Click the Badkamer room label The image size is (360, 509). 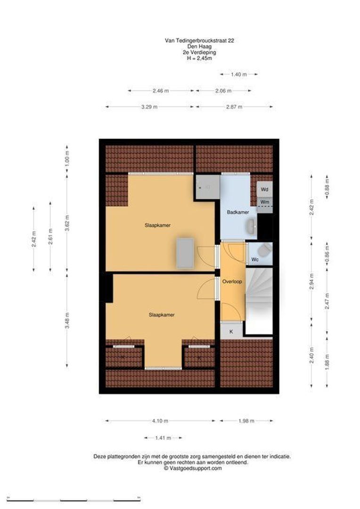pos(237,213)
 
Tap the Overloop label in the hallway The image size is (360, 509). pos(232,282)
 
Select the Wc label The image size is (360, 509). pos(254,260)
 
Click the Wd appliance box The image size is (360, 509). pos(264,189)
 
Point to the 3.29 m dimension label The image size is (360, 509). pos(149,107)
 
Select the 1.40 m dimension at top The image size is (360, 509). pos(238,74)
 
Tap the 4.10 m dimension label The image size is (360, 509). pos(161,421)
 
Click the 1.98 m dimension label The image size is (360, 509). pos(246,421)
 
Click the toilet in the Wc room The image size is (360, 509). pos(265,250)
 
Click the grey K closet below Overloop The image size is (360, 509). pos(231,331)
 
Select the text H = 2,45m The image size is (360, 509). pos(199,58)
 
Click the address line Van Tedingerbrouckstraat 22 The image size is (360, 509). pos(199,41)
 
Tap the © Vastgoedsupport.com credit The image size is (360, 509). pos(192,468)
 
